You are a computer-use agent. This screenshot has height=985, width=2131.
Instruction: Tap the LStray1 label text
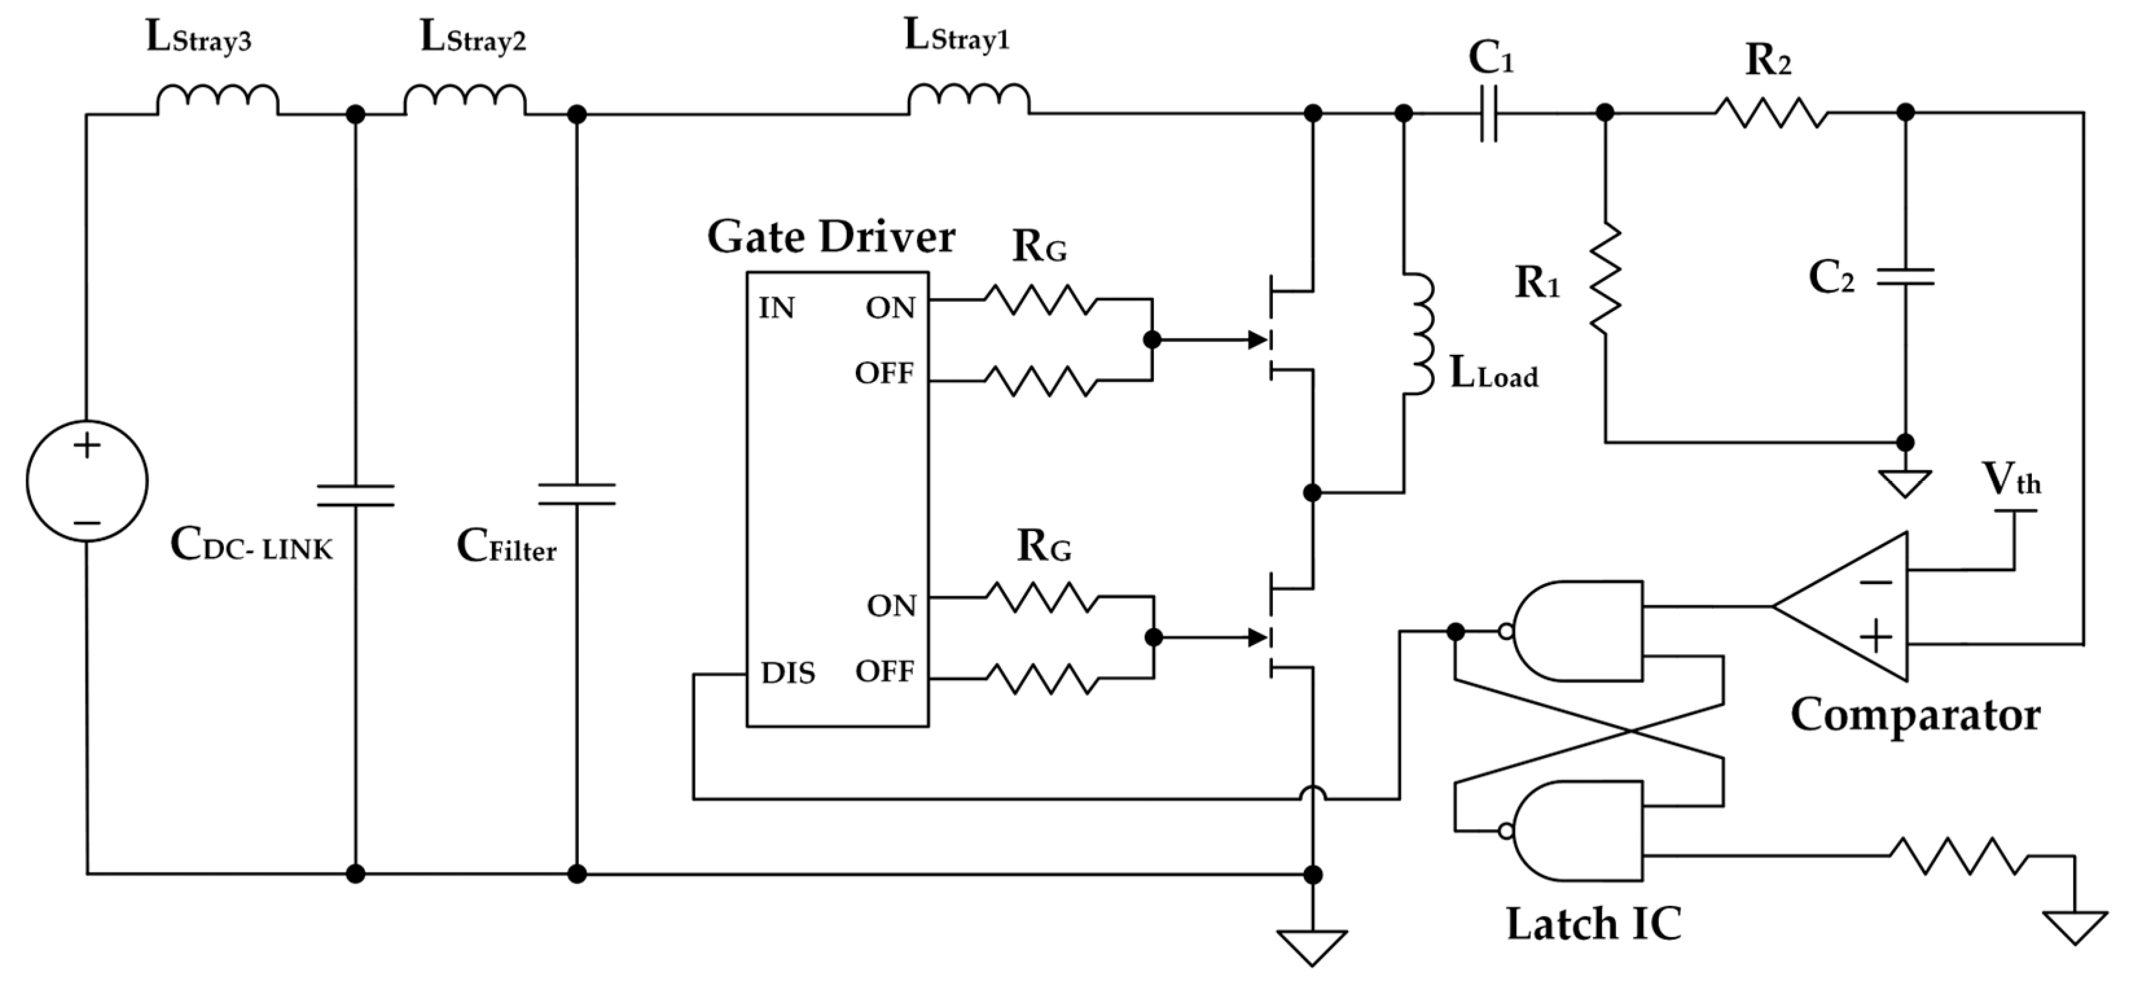coord(957,37)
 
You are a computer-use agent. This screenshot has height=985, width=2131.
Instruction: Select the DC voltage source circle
coord(87,481)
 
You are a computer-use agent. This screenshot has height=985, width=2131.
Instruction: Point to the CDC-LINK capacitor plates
coord(355,495)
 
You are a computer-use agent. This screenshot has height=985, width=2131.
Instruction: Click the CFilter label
coord(506,547)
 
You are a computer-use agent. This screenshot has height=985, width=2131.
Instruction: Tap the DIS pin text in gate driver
coord(787,674)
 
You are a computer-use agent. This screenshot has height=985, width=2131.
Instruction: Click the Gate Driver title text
coord(831,238)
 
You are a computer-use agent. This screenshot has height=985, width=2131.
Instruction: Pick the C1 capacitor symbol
coord(1488,113)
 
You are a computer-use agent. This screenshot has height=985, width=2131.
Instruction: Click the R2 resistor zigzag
coord(1770,113)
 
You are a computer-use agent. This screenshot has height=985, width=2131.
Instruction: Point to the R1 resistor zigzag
coord(1605,278)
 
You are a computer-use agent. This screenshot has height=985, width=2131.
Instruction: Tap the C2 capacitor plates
coord(1904,277)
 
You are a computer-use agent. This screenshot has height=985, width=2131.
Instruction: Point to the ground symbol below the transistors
coord(1312,946)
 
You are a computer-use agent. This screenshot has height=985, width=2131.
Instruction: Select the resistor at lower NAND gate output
coord(1956,856)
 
